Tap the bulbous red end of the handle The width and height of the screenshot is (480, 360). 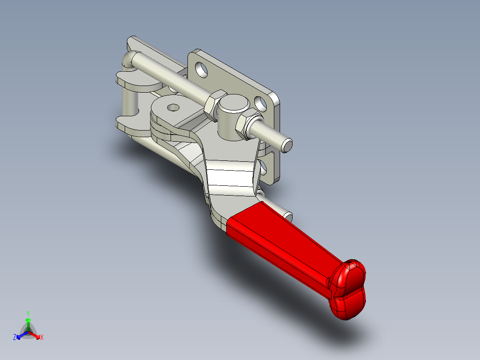(350, 290)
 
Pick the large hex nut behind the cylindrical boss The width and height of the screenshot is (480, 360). (213, 106)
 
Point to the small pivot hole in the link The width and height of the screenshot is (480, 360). (173, 107)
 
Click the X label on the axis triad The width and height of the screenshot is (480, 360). (42, 337)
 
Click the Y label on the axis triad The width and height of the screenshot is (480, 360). (28, 313)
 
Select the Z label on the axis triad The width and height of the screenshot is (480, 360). (15, 337)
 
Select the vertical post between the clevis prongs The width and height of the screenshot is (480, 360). (132, 103)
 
